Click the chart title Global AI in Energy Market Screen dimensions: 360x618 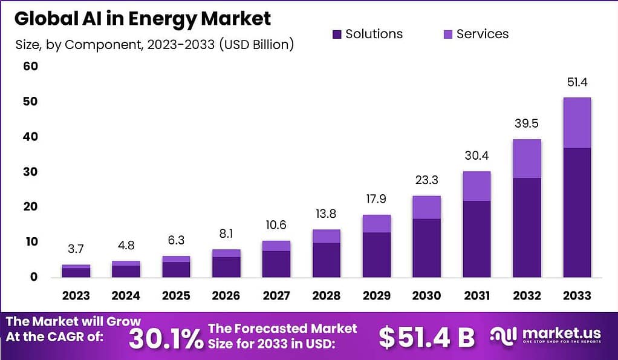pos(143,19)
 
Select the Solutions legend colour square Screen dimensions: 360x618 pos(337,34)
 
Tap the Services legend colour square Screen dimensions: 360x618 pos(448,34)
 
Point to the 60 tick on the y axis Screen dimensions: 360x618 pos(30,66)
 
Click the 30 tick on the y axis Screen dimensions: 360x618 pos(30,172)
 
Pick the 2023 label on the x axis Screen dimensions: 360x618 pos(76,296)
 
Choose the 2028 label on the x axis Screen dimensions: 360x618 pos(327,296)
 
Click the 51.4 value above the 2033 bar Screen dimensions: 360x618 pos(577,82)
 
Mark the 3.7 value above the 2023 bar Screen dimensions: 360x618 pos(76,249)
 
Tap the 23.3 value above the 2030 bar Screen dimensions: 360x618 pos(427,180)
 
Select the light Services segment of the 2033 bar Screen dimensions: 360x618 pos(577,122)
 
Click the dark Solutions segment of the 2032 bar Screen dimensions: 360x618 pos(527,227)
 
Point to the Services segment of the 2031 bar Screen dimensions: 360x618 pos(477,186)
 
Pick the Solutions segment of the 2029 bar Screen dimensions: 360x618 pos(377,254)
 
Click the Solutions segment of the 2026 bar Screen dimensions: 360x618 pos(226,267)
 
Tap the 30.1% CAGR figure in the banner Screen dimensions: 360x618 pos(166,338)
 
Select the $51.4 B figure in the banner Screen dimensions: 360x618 pos(427,338)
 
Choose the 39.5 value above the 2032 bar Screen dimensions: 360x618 pos(527,124)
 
